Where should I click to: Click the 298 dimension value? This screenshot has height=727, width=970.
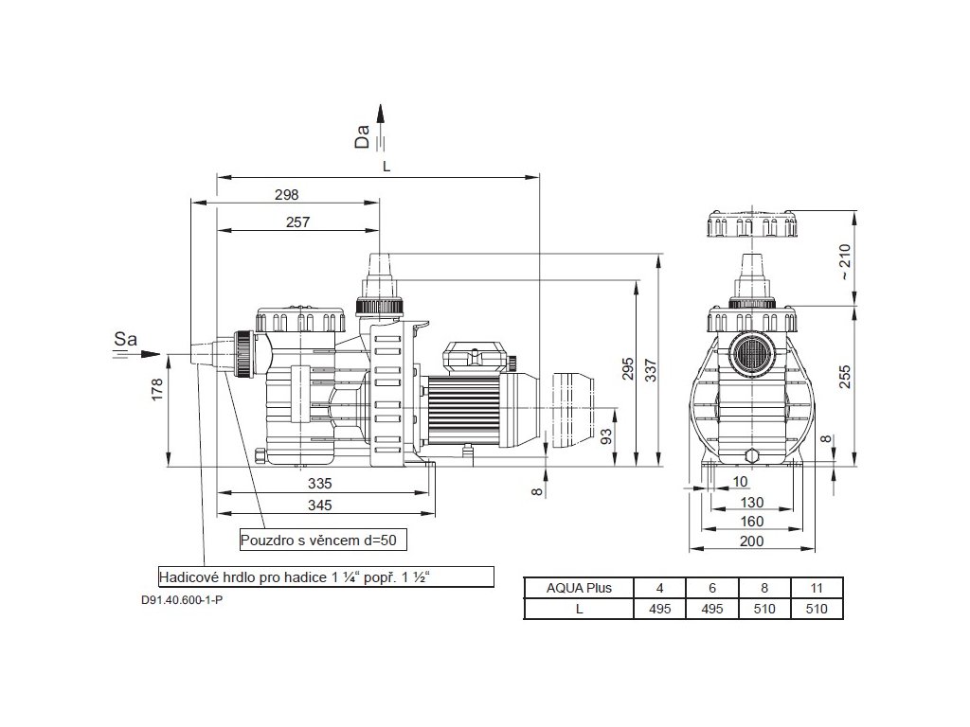(x=286, y=195)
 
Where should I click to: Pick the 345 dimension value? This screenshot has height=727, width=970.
(x=320, y=505)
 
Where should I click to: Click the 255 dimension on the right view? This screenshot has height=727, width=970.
(x=846, y=377)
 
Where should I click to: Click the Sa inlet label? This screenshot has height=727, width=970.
(x=126, y=338)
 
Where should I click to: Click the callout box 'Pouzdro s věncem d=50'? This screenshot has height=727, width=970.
(x=323, y=541)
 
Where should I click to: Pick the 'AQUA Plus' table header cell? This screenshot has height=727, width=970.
(x=579, y=588)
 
